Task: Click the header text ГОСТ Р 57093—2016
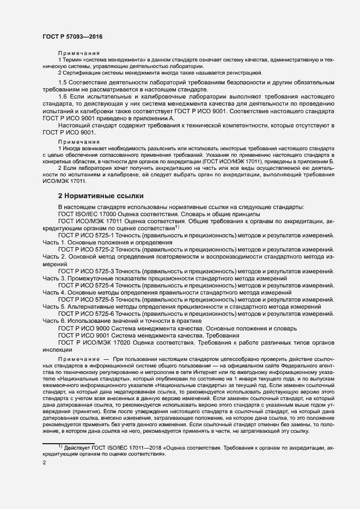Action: coord(72,36)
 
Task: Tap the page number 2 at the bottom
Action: coord(44,462)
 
